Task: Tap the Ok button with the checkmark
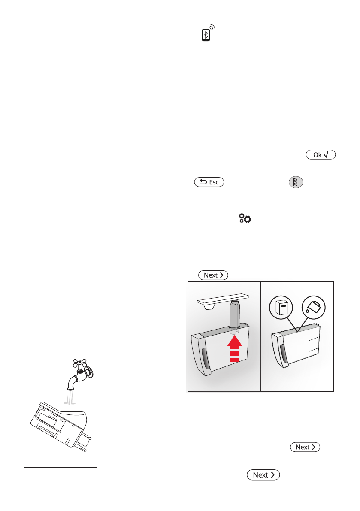coord(320,155)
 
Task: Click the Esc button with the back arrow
coord(209,182)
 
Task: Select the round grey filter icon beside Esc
coord(295,182)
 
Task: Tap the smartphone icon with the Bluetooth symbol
coord(206,35)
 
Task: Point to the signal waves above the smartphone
coord(212,28)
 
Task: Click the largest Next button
coord(263,475)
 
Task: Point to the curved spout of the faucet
coord(73,379)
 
